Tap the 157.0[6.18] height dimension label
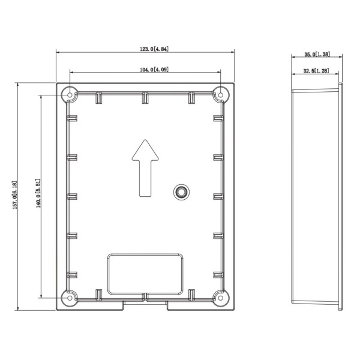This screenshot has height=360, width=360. click(x=16, y=196)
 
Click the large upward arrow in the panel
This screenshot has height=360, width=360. click(x=145, y=168)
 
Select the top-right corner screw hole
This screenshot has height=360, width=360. click(x=221, y=94)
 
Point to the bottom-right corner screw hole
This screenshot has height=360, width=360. click(x=221, y=298)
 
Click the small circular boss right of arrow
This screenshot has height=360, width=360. click(x=180, y=191)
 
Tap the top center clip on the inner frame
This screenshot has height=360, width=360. click(x=145, y=97)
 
